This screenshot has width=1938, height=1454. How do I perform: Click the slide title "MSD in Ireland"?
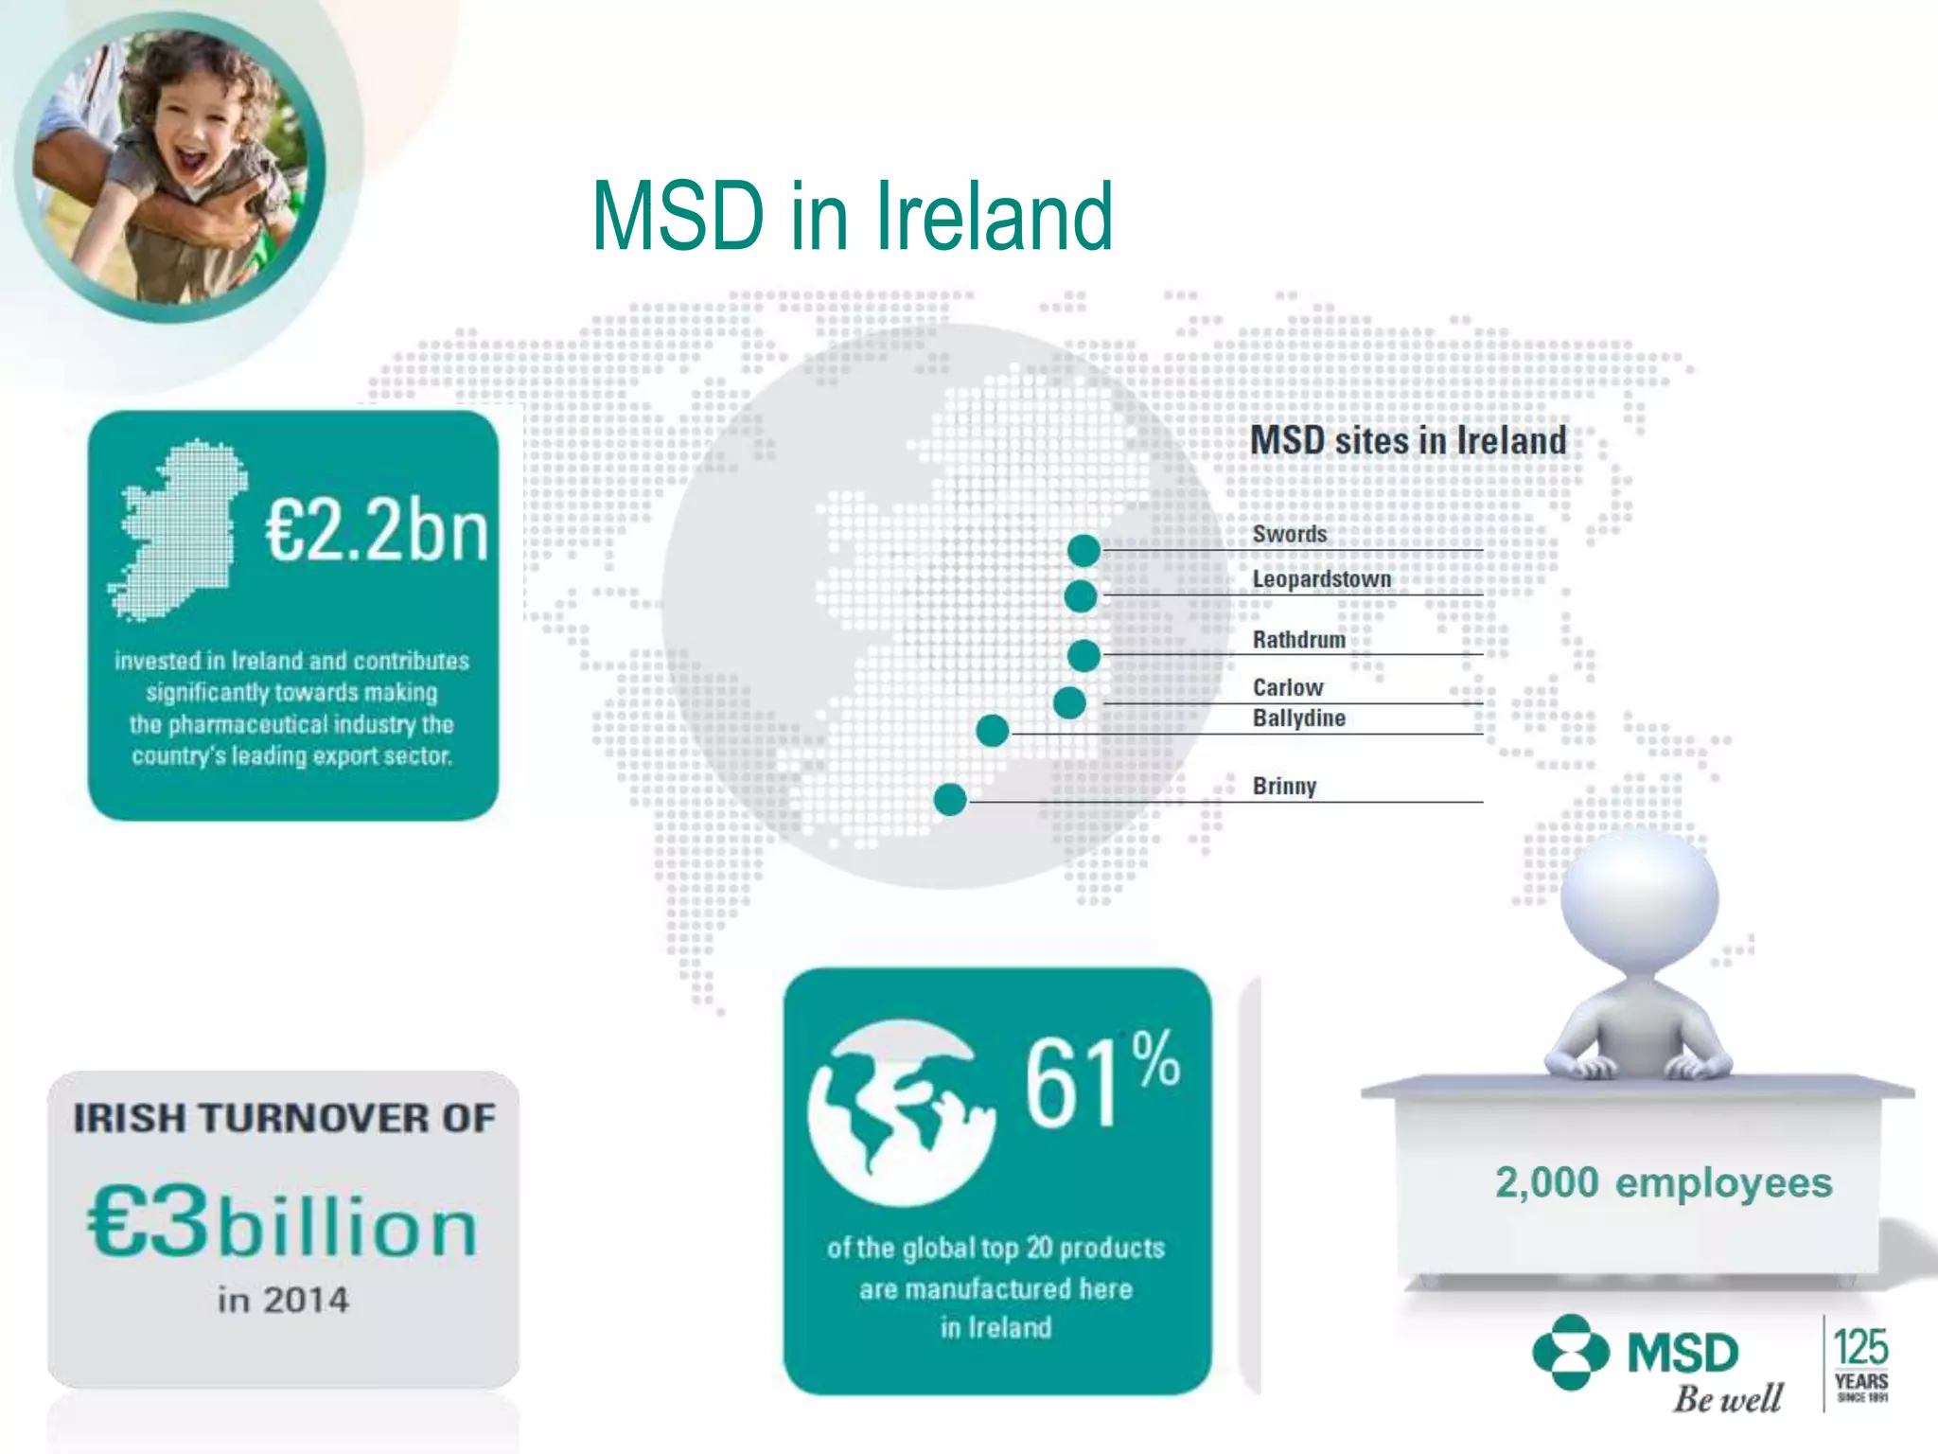click(852, 218)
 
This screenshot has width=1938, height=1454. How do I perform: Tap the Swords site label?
click(1289, 534)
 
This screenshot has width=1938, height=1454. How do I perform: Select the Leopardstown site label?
click(1321, 579)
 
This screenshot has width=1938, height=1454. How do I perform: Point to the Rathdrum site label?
click(1298, 640)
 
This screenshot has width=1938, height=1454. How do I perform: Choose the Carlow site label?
click(1287, 687)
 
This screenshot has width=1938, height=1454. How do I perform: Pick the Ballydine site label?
click(1298, 718)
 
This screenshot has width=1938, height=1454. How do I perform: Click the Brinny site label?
click(1284, 787)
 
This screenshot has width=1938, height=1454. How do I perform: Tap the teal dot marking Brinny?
click(950, 800)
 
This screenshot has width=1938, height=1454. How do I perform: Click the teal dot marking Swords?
click(1084, 550)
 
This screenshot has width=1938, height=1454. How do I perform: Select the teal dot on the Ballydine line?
click(992, 731)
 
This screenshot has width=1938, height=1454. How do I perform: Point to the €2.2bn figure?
click(377, 530)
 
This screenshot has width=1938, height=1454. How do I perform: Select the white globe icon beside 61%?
click(901, 1112)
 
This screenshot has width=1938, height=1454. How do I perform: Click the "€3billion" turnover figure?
click(282, 1224)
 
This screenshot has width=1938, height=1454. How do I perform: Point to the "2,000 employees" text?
click(1663, 1183)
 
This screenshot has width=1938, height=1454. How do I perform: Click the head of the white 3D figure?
click(1639, 899)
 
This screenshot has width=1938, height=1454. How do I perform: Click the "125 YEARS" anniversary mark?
click(1860, 1363)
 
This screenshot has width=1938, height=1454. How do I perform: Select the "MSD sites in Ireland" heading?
click(1408, 441)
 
